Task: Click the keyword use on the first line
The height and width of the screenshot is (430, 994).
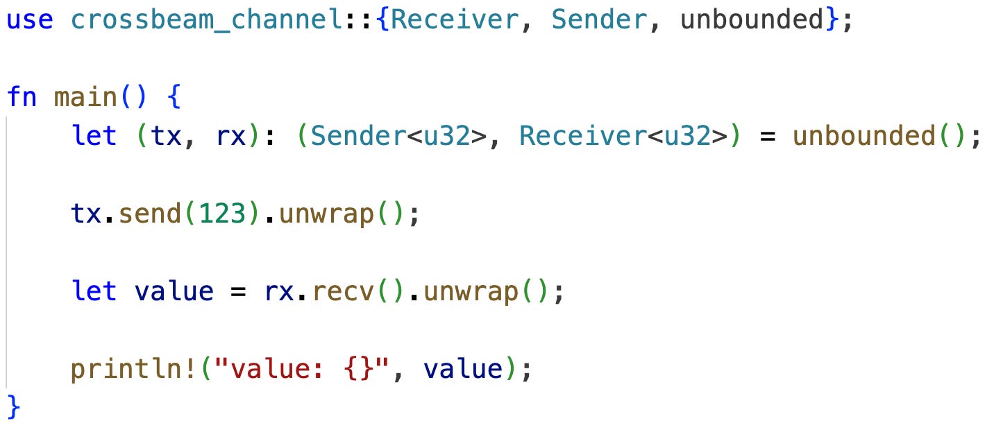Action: click(29, 19)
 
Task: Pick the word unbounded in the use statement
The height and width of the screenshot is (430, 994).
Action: click(752, 19)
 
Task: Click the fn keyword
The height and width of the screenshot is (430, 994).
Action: click(22, 96)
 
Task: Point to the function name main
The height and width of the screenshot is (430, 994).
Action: click(86, 96)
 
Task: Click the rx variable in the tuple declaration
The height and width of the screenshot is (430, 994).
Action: click(230, 136)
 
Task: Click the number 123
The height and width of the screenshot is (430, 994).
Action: click(222, 214)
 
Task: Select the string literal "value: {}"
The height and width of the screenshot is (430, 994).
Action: click(303, 368)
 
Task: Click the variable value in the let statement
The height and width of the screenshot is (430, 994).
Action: click(174, 291)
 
